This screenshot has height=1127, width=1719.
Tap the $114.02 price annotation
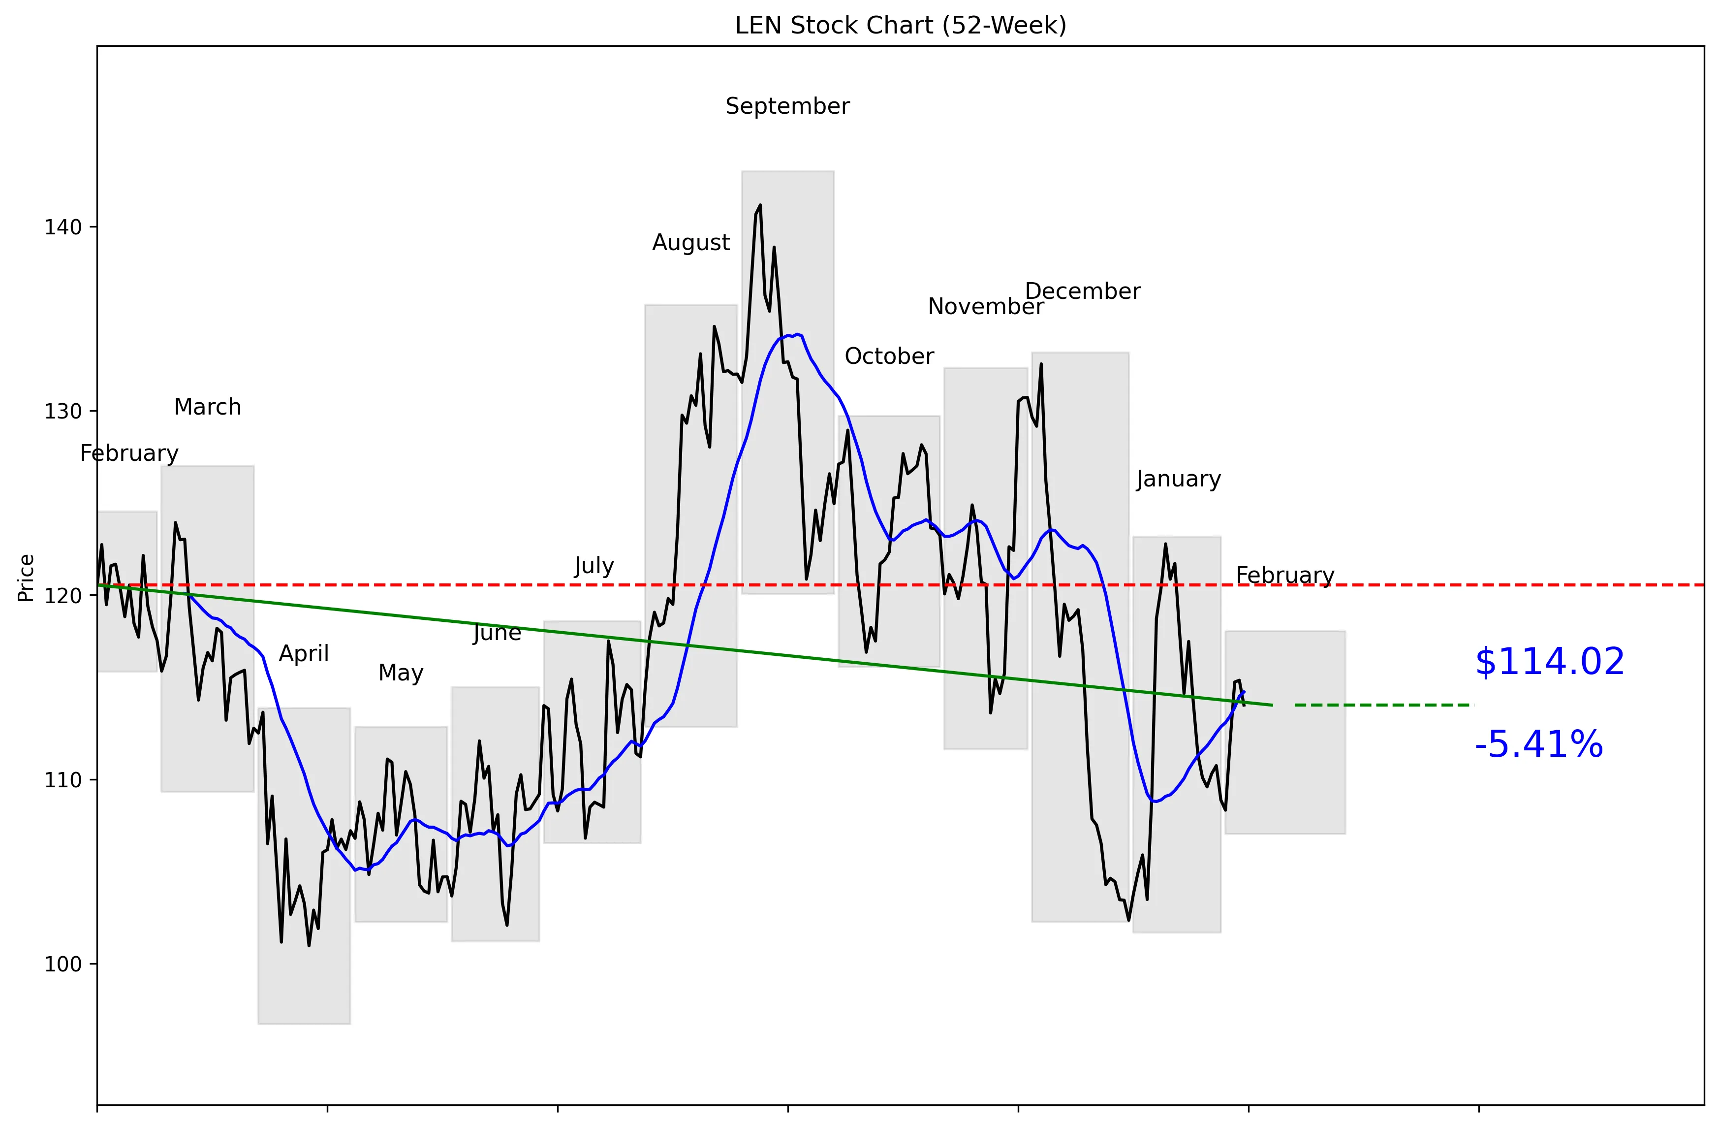click(x=1549, y=662)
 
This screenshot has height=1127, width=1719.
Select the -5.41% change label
click(x=1538, y=745)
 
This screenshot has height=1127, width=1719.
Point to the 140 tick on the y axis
click(x=63, y=227)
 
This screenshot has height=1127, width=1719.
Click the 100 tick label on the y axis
click(x=63, y=965)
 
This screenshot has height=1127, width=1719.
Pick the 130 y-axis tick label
click(x=63, y=411)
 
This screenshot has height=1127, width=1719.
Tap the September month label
click(x=787, y=106)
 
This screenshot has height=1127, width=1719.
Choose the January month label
click(x=1178, y=479)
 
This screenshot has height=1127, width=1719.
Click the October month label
click(x=889, y=356)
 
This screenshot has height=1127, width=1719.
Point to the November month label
click(x=985, y=307)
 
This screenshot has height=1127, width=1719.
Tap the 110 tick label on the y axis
click(x=63, y=780)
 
